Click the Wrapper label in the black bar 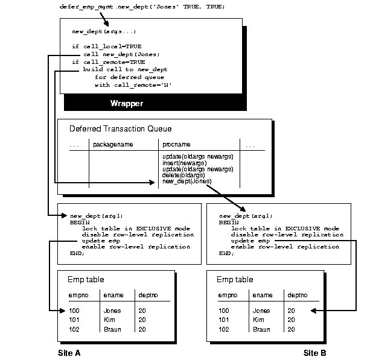coord(127,103)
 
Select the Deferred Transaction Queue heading coord(120,128)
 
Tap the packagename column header coord(113,145)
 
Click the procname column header coord(176,145)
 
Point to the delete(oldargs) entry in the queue coord(183,175)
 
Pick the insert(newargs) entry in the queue coord(184,163)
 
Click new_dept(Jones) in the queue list coord(186,182)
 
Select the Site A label coord(69,353)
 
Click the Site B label coord(314,353)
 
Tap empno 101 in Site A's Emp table coord(74,320)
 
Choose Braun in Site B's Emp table coord(261,329)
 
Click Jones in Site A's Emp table coord(112,311)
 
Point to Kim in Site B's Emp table coord(258,320)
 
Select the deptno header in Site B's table coord(298,295)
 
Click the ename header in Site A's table coord(113,295)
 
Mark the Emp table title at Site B coord(235,279)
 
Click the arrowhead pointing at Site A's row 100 coord(63,311)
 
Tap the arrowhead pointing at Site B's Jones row coord(314,311)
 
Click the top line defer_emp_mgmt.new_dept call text coord(142,7)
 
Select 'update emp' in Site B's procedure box coord(250,241)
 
